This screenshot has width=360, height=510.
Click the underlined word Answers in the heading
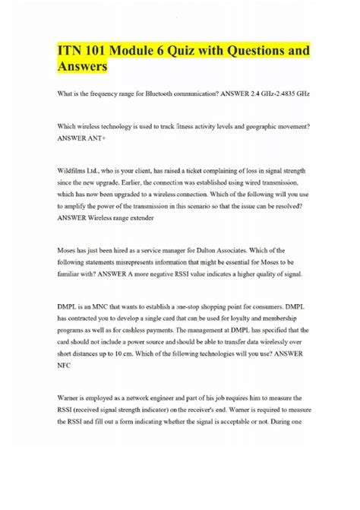coord(84,68)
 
